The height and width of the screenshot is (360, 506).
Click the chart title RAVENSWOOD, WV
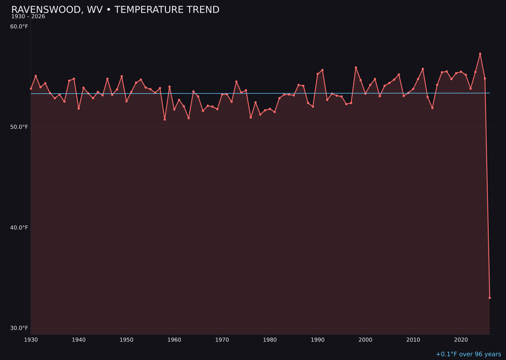pyautogui.click(x=115, y=10)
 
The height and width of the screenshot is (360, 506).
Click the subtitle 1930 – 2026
pyautogui.click(x=28, y=17)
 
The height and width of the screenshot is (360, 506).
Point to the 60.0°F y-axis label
pyautogui.click(x=19, y=27)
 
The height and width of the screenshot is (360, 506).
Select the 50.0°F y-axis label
pyautogui.click(x=19, y=127)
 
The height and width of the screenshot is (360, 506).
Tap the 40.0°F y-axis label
pyautogui.click(x=19, y=228)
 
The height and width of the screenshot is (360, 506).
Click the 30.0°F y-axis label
pyautogui.click(x=19, y=328)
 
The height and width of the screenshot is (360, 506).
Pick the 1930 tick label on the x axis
pyautogui.click(x=31, y=340)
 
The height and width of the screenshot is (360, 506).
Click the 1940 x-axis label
pyautogui.click(x=79, y=340)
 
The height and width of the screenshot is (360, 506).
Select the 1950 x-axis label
pyautogui.click(x=126, y=340)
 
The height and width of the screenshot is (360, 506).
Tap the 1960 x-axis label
pyautogui.click(x=174, y=340)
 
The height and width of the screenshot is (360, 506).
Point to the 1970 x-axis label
pyautogui.click(x=222, y=340)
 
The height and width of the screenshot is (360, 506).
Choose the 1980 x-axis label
pyautogui.click(x=270, y=340)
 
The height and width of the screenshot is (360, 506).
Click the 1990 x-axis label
pyautogui.click(x=318, y=340)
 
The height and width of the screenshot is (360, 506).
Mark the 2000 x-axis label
pyautogui.click(x=365, y=340)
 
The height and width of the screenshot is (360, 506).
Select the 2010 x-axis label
pyautogui.click(x=413, y=340)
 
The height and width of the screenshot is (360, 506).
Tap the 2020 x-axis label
pyautogui.click(x=461, y=340)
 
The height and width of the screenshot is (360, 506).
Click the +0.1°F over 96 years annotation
pyautogui.click(x=468, y=354)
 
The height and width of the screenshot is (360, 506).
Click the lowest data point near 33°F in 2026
pyautogui.click(x=490, y=298)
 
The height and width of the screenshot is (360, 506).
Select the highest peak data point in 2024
pyautogui.click(x=480, y=54)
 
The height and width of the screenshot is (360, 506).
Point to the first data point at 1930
pyautogui.click(x=31, y=89)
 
